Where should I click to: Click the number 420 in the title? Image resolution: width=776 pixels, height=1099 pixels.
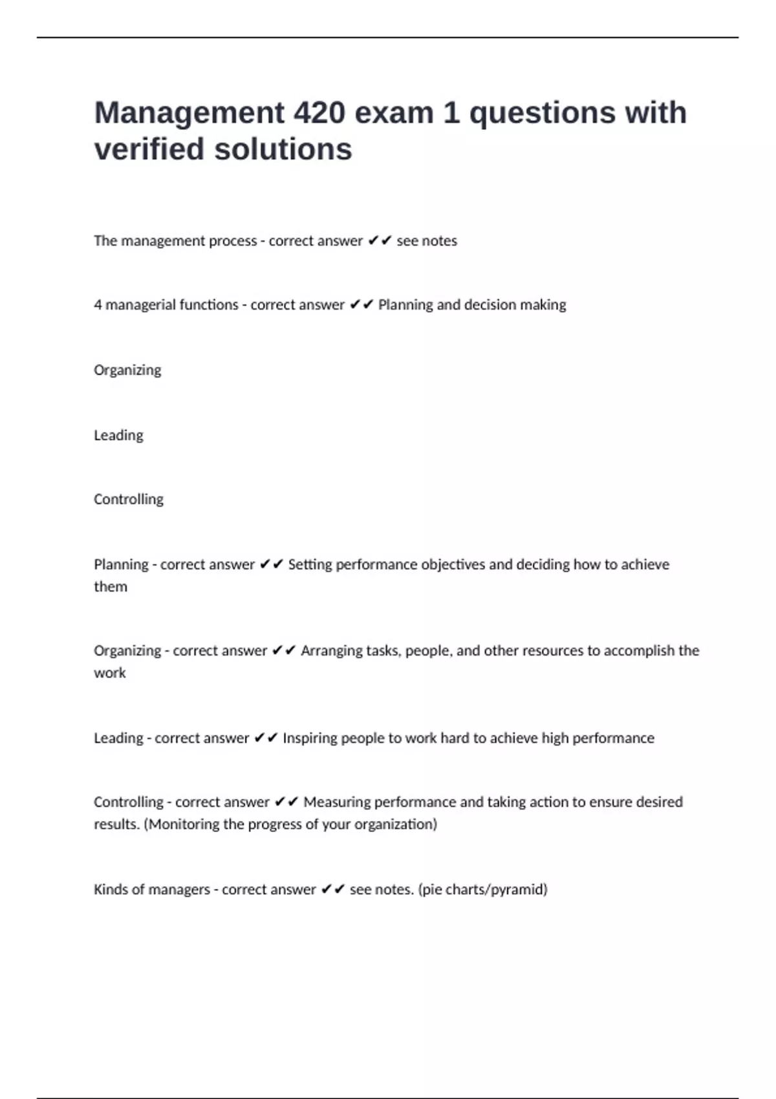(x=319, y=112)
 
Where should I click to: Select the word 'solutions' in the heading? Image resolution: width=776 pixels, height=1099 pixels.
(x=283, y=149)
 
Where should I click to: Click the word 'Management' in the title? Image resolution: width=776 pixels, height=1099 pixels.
(x=189, y=112)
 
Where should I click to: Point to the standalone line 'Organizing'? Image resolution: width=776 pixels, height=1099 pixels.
(x=127, y=370)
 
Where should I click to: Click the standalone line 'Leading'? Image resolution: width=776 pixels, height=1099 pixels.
(x=118, y=435)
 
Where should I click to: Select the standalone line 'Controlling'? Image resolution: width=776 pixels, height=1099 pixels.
(x=129, y=499)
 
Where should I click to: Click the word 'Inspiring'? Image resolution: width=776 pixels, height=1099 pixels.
(x=309, y=738)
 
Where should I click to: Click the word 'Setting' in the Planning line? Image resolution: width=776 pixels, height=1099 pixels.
(x=309, y=565)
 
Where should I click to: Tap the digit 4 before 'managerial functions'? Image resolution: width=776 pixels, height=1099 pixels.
(x=98, y=305)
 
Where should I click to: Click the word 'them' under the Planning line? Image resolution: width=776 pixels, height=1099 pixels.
(x=111, y=587)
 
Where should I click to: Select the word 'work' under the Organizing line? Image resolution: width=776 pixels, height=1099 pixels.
(x=110, y=673)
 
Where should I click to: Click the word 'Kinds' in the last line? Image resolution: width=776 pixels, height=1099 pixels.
(x=111, y=890)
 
